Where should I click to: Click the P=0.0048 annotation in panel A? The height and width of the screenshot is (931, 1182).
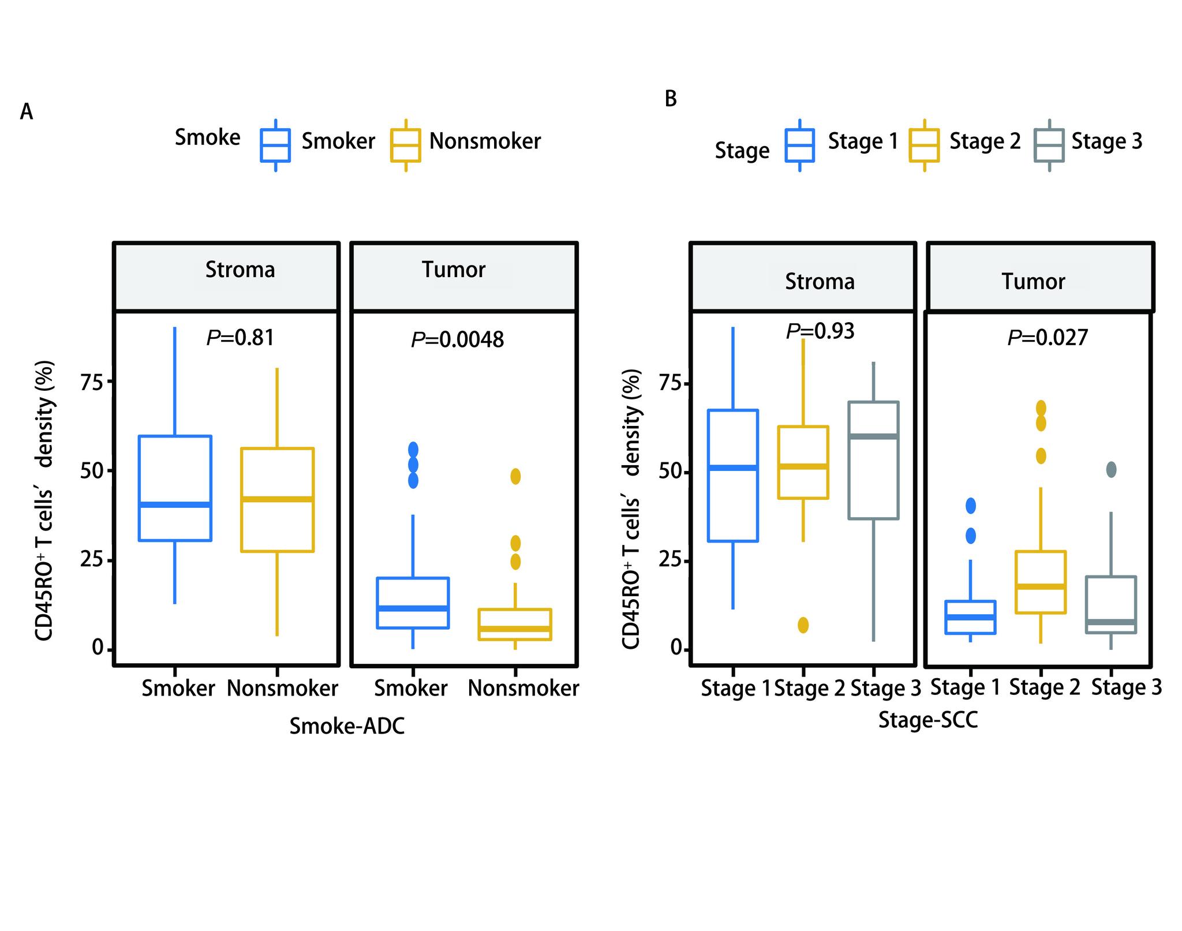click(x=457, y=339)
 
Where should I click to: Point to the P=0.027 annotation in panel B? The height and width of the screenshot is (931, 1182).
click(x=1048, y=337)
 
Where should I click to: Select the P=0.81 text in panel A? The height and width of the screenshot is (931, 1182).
click(x=240, y=337)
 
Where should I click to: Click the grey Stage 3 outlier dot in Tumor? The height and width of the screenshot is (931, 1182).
click(x=1111, y=470)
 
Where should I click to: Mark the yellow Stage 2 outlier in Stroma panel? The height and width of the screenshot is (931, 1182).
click(x=803, y=625)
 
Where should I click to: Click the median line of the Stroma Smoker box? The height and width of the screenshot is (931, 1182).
click(x=175, y=504)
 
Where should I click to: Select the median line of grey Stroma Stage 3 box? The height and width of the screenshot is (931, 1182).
click(x=873, y=436)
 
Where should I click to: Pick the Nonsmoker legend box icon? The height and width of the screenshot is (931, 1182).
click(x=406, y=145)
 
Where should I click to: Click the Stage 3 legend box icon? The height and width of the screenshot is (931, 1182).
click(x=1049, y=145)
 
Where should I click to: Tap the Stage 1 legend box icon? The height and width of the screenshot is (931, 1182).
click(x=799, y=145)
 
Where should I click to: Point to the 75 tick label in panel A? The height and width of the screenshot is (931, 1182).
click(x=91, y=382)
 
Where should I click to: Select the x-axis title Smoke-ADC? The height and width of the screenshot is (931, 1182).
click(x=347, y=726)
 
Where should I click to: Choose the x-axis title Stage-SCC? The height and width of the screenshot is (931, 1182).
click(x=928, y=720)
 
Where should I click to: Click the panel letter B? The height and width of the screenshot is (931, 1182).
click(x=670, y=99)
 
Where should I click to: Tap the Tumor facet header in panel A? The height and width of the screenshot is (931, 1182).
click(x=454, y=270)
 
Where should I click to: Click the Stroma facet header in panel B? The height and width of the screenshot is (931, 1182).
click(x=820, y=282)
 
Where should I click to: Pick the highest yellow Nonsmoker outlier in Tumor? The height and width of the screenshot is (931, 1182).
click(x=515, y=476)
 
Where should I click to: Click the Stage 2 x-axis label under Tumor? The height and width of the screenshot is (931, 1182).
click(x=1045, y=687)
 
